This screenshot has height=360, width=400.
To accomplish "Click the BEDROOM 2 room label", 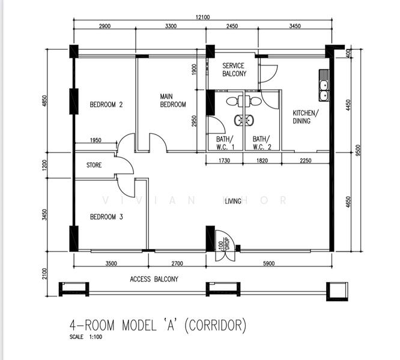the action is [106, 104].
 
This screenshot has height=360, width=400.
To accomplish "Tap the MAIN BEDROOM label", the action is [173, 100].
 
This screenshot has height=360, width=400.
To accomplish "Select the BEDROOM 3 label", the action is [106, 217].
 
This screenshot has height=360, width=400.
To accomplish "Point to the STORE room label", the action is [94, 165].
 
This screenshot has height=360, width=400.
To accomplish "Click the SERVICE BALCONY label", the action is [234, 70].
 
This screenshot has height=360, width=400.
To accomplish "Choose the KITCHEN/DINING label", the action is [305, 116].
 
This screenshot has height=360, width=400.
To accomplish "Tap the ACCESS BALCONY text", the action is [154, 279].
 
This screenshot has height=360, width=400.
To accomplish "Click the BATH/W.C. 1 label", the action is [225, 143].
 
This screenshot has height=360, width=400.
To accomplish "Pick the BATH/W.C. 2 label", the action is [262, 143].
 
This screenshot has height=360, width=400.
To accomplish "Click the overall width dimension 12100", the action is [202, 17].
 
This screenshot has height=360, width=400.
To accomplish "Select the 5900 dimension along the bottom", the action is [268, 263].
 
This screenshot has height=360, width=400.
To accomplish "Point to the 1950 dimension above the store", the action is [95, 140].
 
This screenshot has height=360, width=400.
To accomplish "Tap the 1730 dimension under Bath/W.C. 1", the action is [224, 161].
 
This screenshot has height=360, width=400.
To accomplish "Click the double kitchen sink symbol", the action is [324, 85].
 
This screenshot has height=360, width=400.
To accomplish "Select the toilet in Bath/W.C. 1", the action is [234, 101].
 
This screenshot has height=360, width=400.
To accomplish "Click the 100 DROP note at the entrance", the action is [224, 244].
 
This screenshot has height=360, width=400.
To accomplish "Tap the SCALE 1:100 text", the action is [86, 337].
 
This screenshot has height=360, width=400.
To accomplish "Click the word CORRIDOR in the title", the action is [215, 325].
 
